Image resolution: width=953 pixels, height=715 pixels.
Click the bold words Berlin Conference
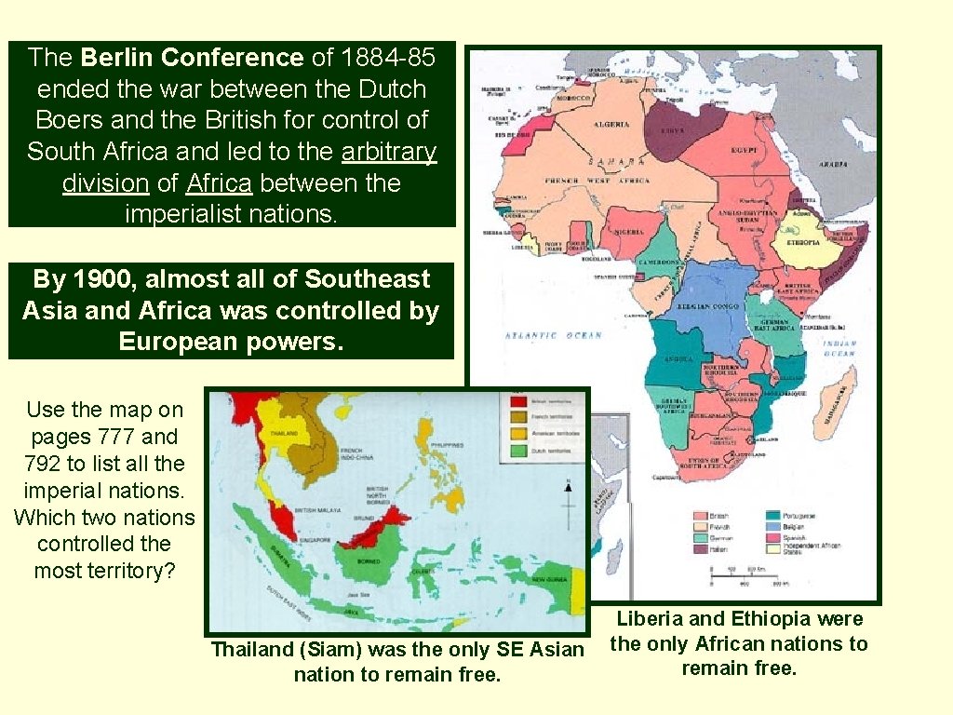tap(192, 58)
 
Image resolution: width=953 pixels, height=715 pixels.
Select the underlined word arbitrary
tap(389, 152)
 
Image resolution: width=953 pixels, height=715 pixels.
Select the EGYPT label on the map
tap(745, 149)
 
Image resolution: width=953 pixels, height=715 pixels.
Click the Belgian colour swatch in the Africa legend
tap(772, 527)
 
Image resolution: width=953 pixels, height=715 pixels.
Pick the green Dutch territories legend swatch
tap(517, 452)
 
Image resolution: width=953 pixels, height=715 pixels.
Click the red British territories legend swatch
tap(517, 399)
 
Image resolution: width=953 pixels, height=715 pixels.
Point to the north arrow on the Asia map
tap(567, 488)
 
